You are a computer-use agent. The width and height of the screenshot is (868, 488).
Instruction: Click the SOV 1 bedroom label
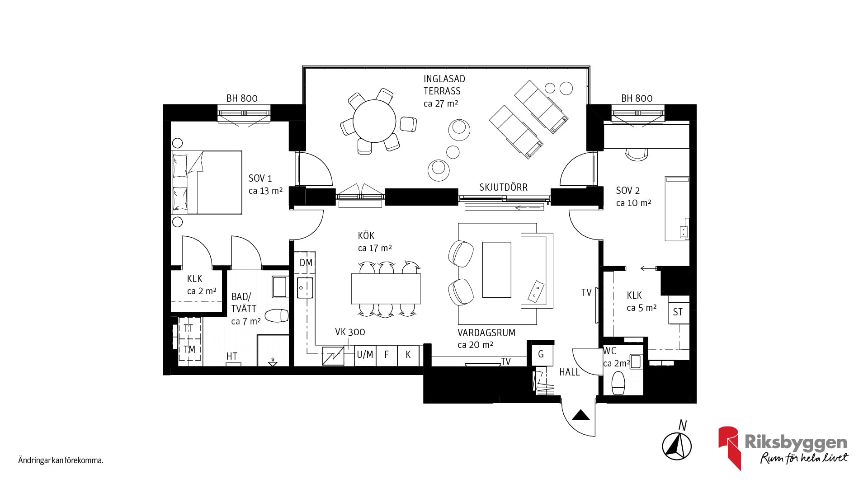point(260,178)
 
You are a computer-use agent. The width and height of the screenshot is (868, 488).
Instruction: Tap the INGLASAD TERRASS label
point(444,85)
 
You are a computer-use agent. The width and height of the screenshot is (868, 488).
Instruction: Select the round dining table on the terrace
point(374,121)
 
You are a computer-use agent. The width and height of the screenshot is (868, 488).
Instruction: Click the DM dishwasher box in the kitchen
point(306,263)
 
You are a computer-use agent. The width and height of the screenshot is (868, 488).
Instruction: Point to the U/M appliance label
point(365,355)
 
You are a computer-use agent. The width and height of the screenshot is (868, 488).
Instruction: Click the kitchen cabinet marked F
point(387,355)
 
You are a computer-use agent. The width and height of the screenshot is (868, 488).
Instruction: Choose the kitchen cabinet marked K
point(408,355)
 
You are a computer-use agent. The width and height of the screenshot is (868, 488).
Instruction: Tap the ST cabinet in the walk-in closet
point(679,312)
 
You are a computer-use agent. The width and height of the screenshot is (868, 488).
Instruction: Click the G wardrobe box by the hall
point(541,355)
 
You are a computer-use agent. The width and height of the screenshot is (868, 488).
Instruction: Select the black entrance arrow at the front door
point(581,415)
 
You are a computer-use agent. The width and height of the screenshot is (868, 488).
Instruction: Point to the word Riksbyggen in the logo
point(796,442)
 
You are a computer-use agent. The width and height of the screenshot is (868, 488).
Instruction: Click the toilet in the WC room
point(618,383)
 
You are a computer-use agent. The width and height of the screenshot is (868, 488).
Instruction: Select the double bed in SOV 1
point(207,183)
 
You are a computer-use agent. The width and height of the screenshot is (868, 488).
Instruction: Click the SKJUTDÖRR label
point(503,188)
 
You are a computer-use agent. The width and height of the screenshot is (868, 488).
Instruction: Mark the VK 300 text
point(350,332)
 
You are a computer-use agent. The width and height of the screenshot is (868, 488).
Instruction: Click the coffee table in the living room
point(497,270)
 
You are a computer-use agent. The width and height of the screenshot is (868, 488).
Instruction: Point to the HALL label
point(570,372)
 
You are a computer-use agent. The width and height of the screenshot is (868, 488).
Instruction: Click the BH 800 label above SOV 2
point(637,98)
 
